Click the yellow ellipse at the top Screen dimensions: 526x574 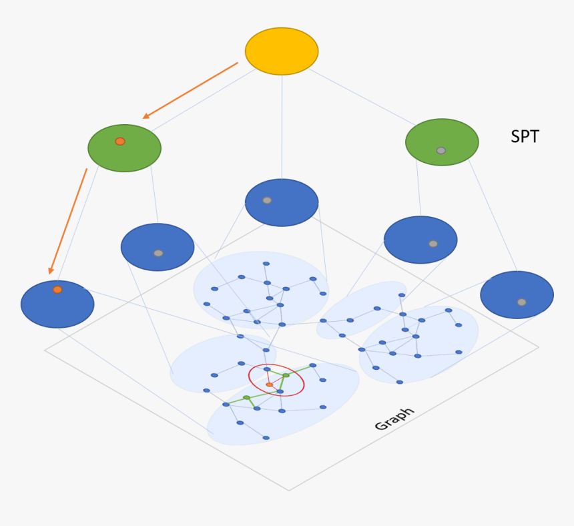282,51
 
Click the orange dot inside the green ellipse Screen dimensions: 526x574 120,142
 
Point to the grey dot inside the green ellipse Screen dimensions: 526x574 441,151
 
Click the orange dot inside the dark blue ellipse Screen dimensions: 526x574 57,290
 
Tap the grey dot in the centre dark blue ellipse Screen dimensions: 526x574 267,200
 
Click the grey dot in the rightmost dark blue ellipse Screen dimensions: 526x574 522,302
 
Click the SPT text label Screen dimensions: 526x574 525,137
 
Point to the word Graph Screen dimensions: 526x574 394,419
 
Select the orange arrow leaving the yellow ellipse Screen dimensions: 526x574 190,91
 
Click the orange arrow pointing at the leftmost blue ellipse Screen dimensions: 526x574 67,221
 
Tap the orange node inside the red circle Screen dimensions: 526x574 270,384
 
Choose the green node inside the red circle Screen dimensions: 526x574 286,376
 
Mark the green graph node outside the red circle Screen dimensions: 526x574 246,398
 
